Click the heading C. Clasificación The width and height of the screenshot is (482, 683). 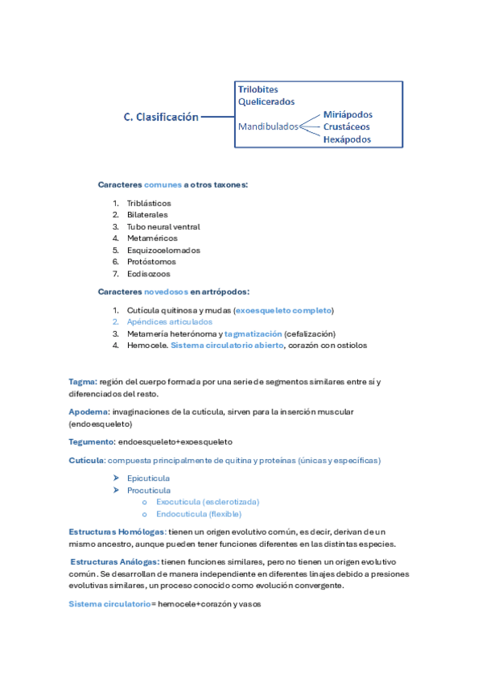point(161,118)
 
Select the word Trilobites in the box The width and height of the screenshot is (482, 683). point(258,89)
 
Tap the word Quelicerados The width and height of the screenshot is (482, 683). point(266,102)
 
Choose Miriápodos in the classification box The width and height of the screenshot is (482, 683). point(348,114)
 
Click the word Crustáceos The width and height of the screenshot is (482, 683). point(347,126)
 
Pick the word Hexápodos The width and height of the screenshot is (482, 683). point(347,139)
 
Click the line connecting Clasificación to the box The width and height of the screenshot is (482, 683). point(216,118)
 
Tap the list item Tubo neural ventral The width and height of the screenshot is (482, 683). point(163,227)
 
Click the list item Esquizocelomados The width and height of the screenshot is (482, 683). point(163,250)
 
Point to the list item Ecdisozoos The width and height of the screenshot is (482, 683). point(149,274)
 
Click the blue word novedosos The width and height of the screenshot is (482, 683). point(167,292)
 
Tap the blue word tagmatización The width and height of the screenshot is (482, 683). point(253,333)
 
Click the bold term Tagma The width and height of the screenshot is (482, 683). point(82,382)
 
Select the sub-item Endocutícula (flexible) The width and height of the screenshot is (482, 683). point(199,514)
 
